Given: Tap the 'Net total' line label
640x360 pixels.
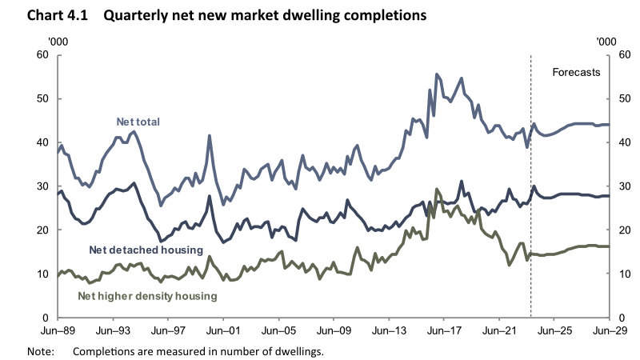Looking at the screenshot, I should pos(138,122).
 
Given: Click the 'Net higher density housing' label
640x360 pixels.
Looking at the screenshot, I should pos(147,295).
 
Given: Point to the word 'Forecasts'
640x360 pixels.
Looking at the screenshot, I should pos(576,72).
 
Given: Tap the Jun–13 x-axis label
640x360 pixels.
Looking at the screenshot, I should pos(389,329).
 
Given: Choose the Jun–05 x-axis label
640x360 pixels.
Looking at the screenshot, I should pos(278,329).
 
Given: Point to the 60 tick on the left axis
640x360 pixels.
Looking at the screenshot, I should pos(43,55).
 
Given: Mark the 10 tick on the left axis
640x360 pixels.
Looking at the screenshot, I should pos(43,274).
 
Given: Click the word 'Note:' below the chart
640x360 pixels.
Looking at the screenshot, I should pos(39,350).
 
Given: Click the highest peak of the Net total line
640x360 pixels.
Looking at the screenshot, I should pos(437,74).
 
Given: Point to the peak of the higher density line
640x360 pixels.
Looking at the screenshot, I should pos(437,190).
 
